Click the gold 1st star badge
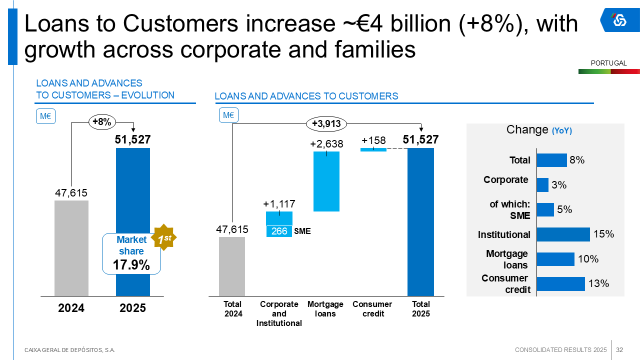pos(164,239)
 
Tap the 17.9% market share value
pos(131,265)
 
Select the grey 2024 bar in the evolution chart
pos(71,248)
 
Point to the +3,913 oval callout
pos(326,123)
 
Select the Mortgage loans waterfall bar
pos(326,181)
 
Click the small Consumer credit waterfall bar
pos(373,149)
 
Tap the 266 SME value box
pos(279,231)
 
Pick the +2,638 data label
pos(326,144)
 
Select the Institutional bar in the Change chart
pos(563,234)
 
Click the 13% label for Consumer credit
pos(598,283)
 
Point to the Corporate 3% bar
pos(542,185)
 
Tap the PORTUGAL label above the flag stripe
pos(608,63)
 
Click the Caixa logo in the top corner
pos(619,20)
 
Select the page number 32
pos(619,349)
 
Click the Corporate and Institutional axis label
pos(279,313)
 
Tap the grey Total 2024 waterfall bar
pos(232,266)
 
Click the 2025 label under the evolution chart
pos(132,308)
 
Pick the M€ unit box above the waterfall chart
pos(228,115)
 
